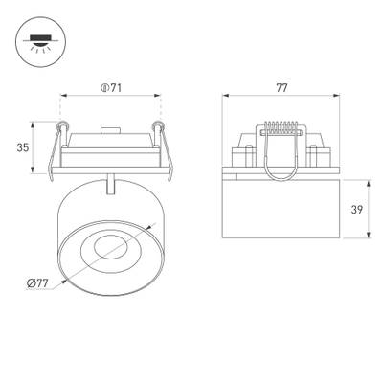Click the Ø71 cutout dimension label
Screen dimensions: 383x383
tap(111, 88)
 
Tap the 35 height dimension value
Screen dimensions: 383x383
tap(23, 147)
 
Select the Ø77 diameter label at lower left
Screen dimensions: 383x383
tap(37, 282)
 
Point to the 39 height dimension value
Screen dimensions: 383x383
tap(357, 210)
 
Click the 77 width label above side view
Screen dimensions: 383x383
tap(282, 88)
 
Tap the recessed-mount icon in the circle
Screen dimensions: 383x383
tap(40, 42)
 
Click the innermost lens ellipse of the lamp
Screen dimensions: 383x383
tap(111, 248)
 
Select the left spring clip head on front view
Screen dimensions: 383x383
tap(62, 124)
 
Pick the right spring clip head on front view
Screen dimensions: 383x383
tap(158, 124)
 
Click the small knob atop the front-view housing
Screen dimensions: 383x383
tap(110, 130)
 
